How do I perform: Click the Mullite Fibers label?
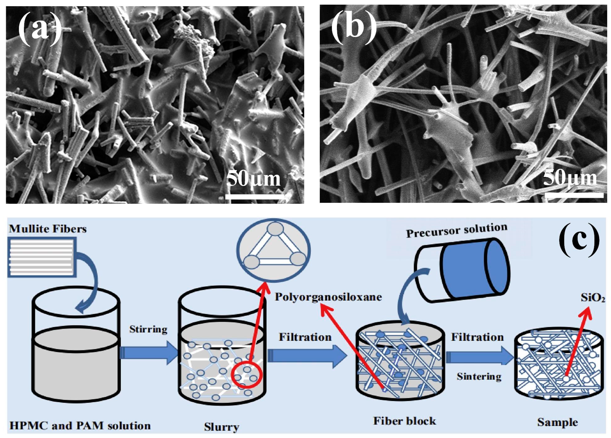click(x=48, y=229)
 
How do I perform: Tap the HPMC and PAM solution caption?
click(x=80, y=426)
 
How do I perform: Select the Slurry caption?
click(x=221, y=427)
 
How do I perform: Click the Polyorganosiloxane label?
click(x=328, y=297)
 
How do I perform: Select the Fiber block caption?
click(x=404, y=421)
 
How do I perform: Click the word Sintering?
click(x=479, y=377)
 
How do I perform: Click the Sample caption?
click(x=557, y=422)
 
